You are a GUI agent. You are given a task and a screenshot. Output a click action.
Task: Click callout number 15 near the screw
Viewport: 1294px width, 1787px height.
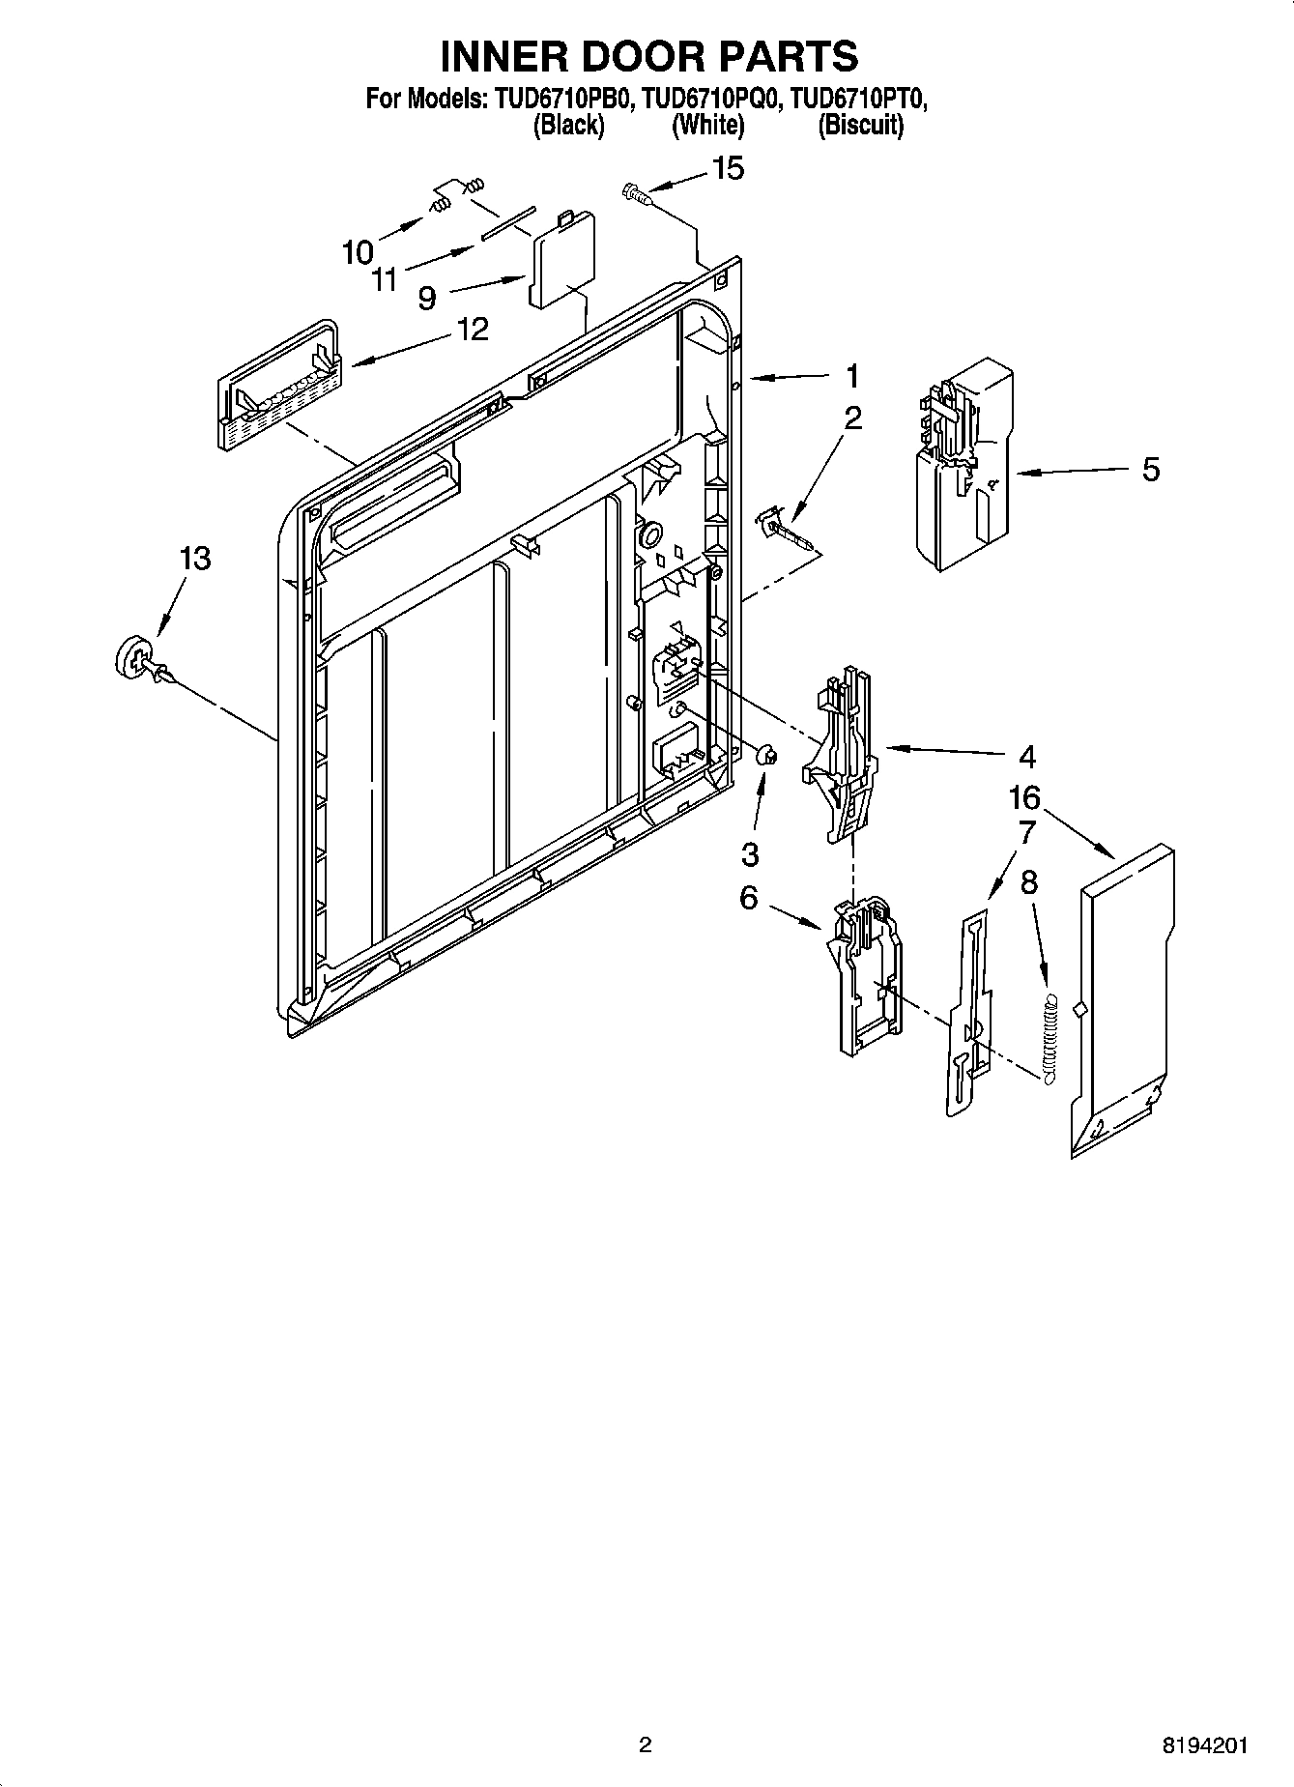(728, 168)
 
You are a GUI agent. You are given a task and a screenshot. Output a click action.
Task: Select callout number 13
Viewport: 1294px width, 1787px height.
(194, 559)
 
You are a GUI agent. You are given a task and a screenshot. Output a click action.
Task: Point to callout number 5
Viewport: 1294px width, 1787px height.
(1150, 470)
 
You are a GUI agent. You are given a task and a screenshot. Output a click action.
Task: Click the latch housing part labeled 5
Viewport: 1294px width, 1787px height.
(963, 464)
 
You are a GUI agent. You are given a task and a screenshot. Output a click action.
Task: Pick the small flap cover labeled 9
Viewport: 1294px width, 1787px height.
(562, 260)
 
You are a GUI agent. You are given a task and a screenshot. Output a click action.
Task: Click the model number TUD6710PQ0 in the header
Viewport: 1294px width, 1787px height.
(708, 99)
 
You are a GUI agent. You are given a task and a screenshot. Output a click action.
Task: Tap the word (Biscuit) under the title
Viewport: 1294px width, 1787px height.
(860, 126)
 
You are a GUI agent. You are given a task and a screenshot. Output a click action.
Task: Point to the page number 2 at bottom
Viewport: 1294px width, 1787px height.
(646, 1744)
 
